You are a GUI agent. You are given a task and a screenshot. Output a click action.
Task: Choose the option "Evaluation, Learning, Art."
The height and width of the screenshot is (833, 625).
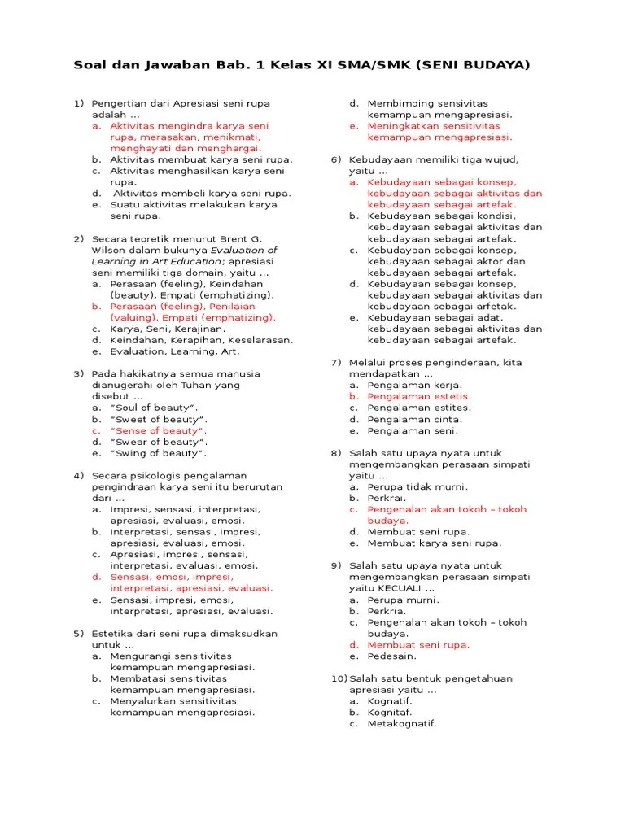(x=165, y=351)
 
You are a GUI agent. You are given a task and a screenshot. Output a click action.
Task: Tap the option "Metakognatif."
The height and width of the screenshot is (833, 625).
(x=402, y=723)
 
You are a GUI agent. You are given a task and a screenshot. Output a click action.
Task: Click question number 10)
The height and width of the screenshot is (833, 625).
(x=339, y=678)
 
